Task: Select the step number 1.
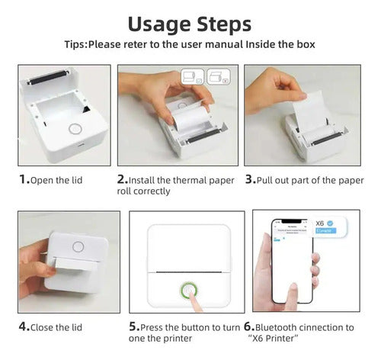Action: pyautogui.click(x=24, y=180)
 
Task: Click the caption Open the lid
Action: pyautogui.click(x=60, y=181)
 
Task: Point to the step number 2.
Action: pyautogui.click(x=122, y=180)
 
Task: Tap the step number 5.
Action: pyautogui.click(x=133, y=327)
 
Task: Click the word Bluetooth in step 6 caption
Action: pyautogui.click(x=288, y=327)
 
